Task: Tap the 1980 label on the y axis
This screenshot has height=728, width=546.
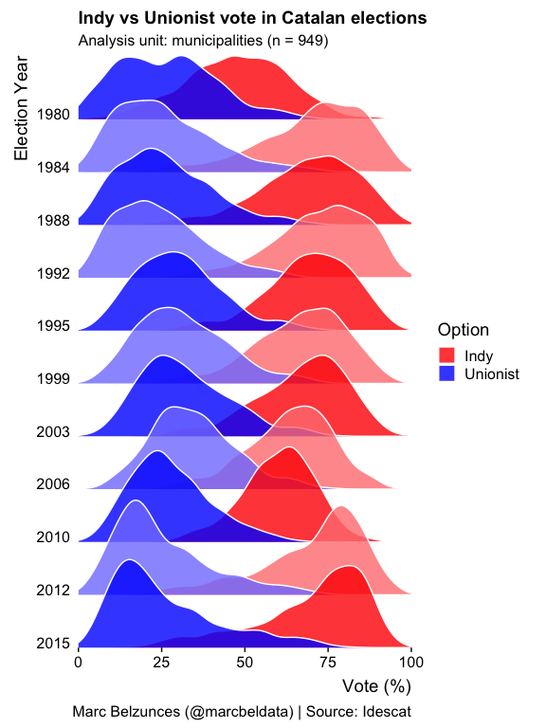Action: point(54,115)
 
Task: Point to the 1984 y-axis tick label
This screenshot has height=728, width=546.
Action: point(54,168)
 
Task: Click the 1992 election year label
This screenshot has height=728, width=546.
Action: point(54,274)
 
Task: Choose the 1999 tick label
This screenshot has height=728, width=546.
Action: point(54,379)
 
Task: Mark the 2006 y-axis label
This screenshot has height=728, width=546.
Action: point(54,484)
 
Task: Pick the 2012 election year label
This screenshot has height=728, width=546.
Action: point(54,591)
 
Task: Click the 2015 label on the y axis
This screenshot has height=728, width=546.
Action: point(54,644)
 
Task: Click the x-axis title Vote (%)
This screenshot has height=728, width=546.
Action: point(376,684)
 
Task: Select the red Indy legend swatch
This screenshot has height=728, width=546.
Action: point(447,355)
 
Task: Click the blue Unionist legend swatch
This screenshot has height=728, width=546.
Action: point(447,374)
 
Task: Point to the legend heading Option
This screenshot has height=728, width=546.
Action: point(463,330)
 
